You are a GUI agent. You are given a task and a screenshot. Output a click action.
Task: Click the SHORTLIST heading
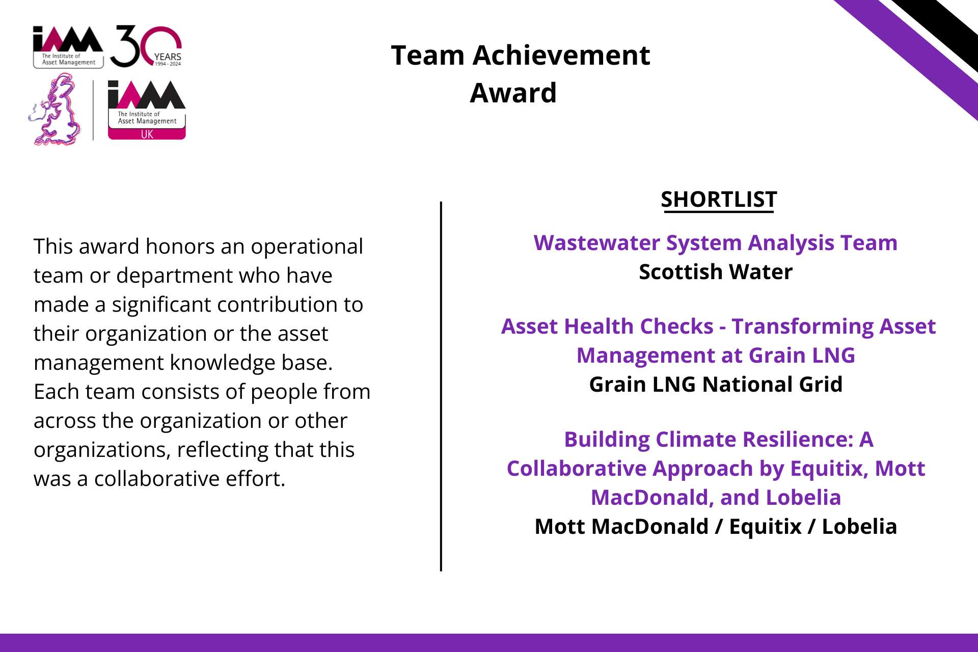[x=719, y=200]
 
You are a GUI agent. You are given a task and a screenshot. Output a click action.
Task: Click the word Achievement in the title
[x=561, y=55]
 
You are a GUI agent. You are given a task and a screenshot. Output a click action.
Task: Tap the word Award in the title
[x=513, y=93]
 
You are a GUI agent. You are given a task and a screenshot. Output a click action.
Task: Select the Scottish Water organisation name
[x=716, y=272]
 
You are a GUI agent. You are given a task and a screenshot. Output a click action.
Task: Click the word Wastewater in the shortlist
[x=596, y=243]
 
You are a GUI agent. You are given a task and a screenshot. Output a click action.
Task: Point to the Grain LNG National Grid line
[x=716, y=385]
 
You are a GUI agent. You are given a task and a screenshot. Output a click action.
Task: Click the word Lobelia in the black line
[x=859, y=527]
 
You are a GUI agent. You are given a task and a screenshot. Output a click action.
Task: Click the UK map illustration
[x=55, y=110]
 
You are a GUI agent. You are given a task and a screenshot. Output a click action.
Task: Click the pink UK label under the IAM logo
[x=147, y=134]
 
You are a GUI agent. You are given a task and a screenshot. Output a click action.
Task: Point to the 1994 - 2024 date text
[x=168, y=64]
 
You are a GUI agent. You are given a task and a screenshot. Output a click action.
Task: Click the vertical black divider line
[x=441, y=386]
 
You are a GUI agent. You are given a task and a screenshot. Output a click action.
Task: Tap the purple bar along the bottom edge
[x=489, y=643]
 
